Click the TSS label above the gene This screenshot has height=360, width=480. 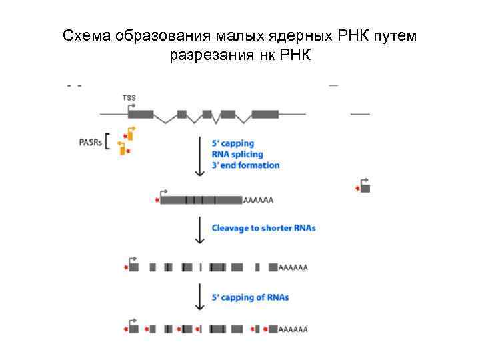click(x=129, y=97)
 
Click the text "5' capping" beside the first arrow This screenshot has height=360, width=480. click(x=233, y=143)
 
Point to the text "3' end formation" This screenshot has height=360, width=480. click(x=245, y=165)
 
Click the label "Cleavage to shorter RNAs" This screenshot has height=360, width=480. click(x=263, y=228)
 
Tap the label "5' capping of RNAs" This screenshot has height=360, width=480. click(x=250, y=297)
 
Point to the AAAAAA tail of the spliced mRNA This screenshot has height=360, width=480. click(x=259, y=200)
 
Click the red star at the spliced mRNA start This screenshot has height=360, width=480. click(x=157, y=199)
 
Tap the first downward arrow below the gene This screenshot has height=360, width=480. click(x=199, y=157)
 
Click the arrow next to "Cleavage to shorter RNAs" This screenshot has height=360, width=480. click(x=199, y=229)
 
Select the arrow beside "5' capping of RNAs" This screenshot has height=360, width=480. click(x=199, y=297)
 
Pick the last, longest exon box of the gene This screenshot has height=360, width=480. click(x=265, y=114)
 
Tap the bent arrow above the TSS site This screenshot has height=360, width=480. click(x=132, y=106)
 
